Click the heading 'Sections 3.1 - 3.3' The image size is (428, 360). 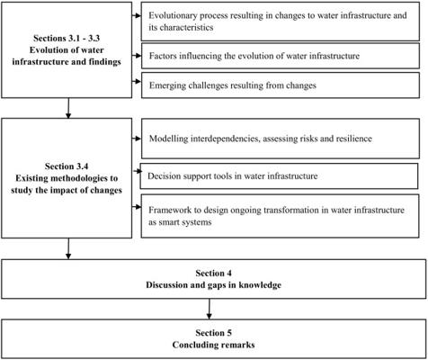click(x=67, y=39)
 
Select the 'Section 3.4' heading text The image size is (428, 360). click(x=67, y=166)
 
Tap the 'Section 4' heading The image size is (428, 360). click(x=213, y=274)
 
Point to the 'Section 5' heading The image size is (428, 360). click(x=213, y=333)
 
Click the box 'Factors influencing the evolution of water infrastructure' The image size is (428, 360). click(x=281, y=56)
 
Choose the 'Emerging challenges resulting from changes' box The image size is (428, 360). click(x=281, y=85)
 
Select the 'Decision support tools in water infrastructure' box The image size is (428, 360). click(x=279, y=176)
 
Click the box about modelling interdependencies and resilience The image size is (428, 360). click(x=281, y=139)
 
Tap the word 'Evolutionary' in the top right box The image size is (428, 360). click(x=173, y=15)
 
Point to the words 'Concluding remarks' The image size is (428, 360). click(x=213, y=345)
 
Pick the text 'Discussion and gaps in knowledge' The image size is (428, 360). click(x=213, y=285)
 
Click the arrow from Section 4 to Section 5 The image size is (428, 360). click(x=210, y=309)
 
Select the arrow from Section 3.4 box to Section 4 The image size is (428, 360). click(x=68, y=248)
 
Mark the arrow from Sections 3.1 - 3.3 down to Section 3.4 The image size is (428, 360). click(x=68, y=108)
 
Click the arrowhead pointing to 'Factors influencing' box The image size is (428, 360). click(x=138, y=56)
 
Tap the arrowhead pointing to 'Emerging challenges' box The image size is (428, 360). click(x=138, y=82)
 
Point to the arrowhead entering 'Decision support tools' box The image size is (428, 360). click(x=138, y=171)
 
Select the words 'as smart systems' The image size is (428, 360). click(x=180, y=222)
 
